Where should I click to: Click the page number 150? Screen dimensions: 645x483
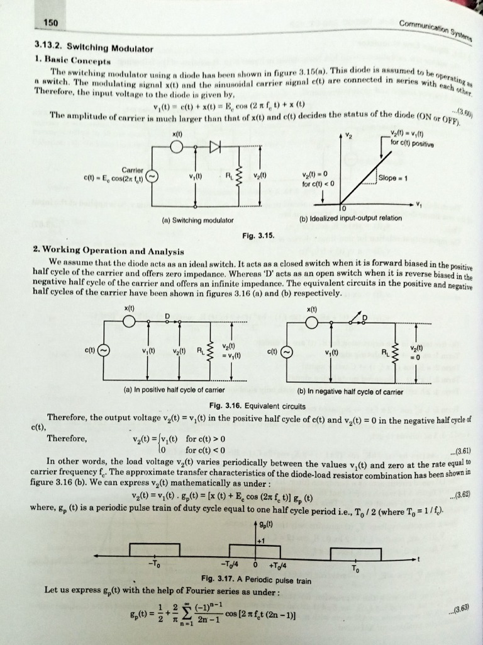(x=51, y=23)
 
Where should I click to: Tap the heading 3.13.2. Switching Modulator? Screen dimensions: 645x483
(x=94, y=48)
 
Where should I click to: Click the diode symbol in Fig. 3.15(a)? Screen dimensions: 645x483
(x=216, y=147)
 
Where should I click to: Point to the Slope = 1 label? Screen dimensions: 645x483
(x=394, y=178)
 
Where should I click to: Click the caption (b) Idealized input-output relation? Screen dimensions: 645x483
(x=350, y=219)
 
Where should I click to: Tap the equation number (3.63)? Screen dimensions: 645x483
(x=461, y=611)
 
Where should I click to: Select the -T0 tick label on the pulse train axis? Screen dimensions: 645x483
(x=153, y=563)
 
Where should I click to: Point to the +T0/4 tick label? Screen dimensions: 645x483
(x=277, y=564)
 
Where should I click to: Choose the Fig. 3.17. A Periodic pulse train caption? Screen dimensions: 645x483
(x=256, y=579)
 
